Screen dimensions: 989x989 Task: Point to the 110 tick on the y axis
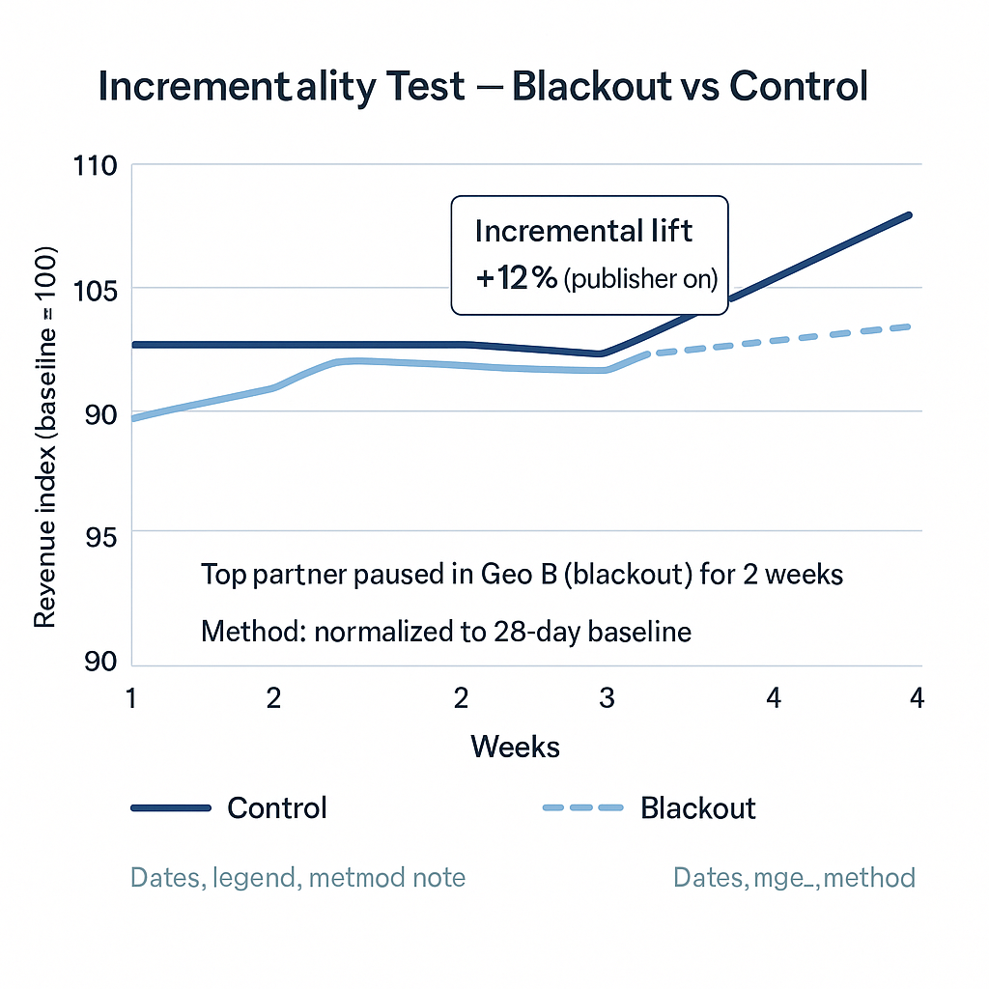point(95,166)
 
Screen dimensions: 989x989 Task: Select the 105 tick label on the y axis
point(95,289)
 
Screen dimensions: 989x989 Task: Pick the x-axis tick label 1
point(130,698)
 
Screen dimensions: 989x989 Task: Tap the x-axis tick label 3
point(607,698)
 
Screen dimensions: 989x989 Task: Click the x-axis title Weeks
point(515,747)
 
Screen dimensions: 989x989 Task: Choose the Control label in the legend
point(277,807)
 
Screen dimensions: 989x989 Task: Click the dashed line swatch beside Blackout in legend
point(583,807)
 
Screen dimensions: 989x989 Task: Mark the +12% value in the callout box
point(517,279)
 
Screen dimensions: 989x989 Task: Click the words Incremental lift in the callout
point(583,231)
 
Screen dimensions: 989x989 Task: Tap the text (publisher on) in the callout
point(640,280)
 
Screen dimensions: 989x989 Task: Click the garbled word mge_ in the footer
point(782,877)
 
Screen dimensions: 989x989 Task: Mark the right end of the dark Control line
point(909,214)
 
